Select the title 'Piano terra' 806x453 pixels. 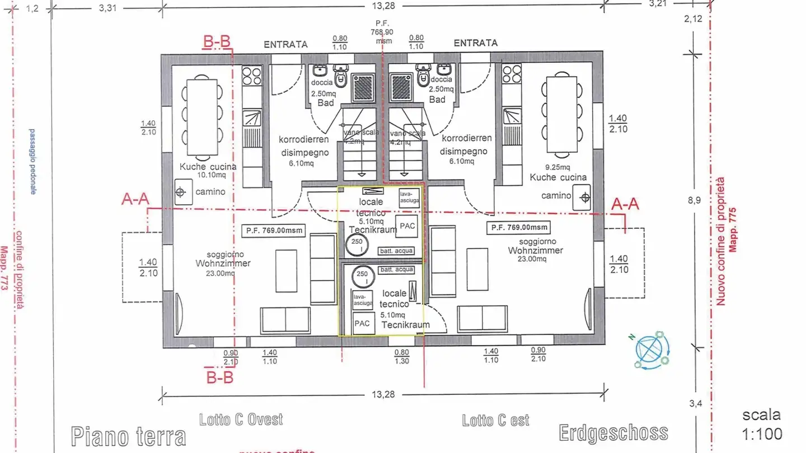click(128, 436)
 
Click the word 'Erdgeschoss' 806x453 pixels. click(613, 432)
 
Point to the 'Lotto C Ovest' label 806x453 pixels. click(241, 419)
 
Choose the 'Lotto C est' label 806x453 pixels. click(495, 420)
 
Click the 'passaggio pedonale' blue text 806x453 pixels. click(32, 161)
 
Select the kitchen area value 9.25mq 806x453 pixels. click(557, 167)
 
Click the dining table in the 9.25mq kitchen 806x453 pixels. click(561, 115)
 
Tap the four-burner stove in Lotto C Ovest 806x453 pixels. click(252, 75)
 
